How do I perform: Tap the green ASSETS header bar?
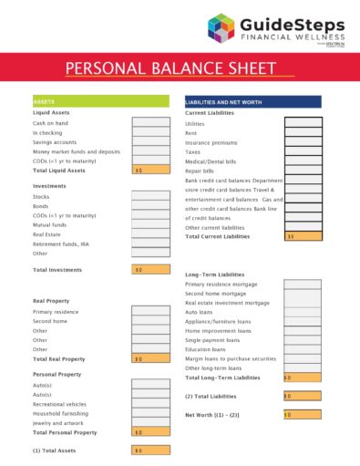[x=100, y=101]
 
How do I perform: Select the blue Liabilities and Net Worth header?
[x=252, y=101]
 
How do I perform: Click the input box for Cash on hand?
[x=150, y=122]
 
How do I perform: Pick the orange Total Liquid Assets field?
[x=150, y=170]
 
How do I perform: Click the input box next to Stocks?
[x=150, y=196]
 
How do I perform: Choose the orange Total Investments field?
[x=150, y=270]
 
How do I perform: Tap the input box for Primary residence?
[x=150, y=311]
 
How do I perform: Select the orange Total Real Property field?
[x=150, y=358]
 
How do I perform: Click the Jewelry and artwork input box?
[x=150, y=422]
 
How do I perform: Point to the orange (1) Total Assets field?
[x=150, y=450]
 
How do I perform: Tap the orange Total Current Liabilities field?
[x=303, y=236]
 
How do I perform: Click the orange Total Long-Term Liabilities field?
[x=302, y=377]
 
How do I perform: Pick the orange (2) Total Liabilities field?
[x=302, y=396]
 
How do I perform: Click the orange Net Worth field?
[x=302, y=414]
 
